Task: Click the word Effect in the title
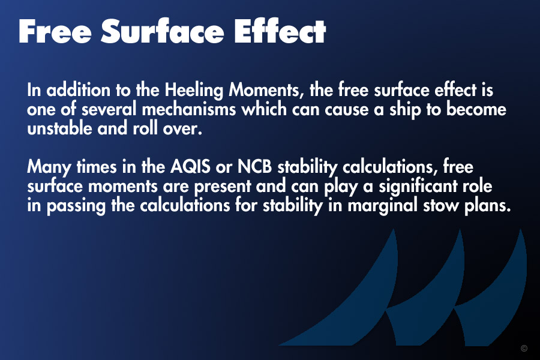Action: click(280, 31)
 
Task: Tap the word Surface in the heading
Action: click(162, 31)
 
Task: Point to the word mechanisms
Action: click(189, 110)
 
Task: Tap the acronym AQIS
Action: click(190, 167)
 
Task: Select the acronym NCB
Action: click(254, 167)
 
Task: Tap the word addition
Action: click(79, 90)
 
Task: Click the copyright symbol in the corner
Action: click(524, 348)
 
